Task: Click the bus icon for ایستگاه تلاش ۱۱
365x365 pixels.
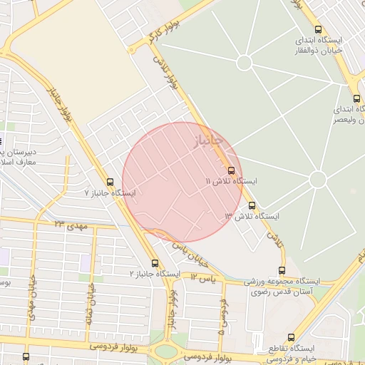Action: [231, 170]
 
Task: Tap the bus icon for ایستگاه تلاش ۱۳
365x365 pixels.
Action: [252, 205]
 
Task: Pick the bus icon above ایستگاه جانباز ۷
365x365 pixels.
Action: [109, 182]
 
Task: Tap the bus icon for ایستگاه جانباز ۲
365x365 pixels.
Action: [155, 263]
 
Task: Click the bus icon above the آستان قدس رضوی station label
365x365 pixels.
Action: [282, 270]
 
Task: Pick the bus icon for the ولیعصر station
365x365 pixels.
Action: [356, 99]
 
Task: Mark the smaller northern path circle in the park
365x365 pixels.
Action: [244, 63]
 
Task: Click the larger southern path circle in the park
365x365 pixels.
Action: [318, 179]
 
